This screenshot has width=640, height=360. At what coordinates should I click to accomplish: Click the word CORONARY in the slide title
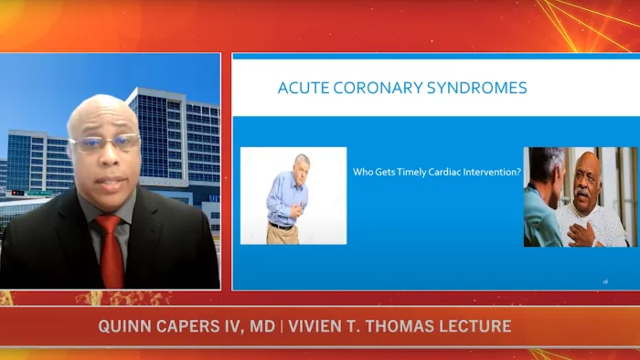(x=369, y=89)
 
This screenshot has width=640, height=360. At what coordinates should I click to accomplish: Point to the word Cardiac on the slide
(x=448, y=171)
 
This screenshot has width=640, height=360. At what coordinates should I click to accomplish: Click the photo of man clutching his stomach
(x=293, y=195)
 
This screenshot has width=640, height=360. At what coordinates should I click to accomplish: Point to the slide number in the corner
(x=605, y=281)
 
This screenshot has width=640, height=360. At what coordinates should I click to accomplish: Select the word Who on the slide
(x=362, y=171)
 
